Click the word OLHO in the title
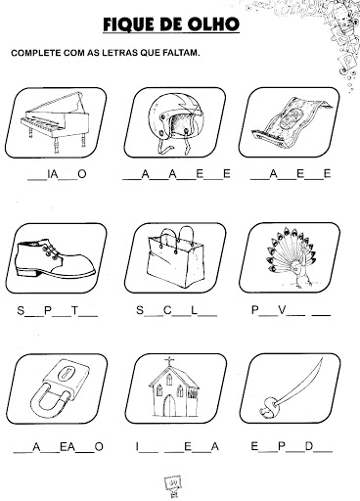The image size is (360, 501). pyautogui.click(x=210, y=24)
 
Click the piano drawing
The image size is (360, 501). pyautogui.click(x=56, y=121)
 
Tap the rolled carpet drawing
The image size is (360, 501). pyautogui.click(x=292, y=122)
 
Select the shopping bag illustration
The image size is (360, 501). pyautogui.click(x=175, y=257)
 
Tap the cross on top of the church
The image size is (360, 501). pyautogui.click(x=169, y=361)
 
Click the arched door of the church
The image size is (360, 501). pyautogui.click(x=169, y=405)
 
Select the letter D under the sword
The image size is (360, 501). pyautogui.click(x=309, y=446)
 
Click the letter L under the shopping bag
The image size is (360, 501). pyautogui.click(x=195, y=310)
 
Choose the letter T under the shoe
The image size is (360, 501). pyautogui.click(x=75, y=310)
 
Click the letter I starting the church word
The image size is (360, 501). pyautogui.click(x=138, y=446)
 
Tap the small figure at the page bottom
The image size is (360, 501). pyautogui.click(x=172, y=485)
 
